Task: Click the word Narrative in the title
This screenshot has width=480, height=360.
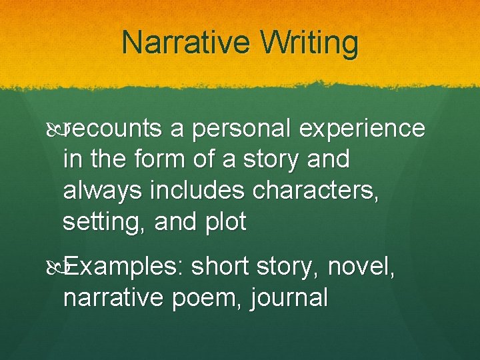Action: (x=174, y=44)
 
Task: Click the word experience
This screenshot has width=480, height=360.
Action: (x=363, y=129)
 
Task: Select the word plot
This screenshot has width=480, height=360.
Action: (x=225, y=222)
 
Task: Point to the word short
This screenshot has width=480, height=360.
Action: (x=224, y=267)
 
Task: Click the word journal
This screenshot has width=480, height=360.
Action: (x=289, y=298)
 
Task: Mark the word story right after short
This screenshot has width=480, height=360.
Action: (x=288, y=267)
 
